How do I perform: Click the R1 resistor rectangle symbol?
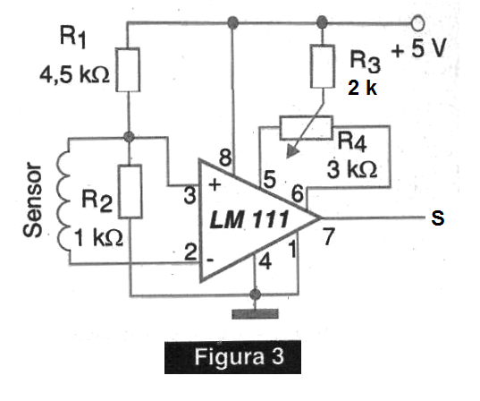pyautogui.click(x=128, y=70)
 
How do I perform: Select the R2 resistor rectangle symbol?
pyautogui.click(x=131, y=192)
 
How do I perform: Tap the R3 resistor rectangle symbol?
pyautogui.click(x=323, y=66)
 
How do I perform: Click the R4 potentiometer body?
pyautogui.click(x=306, y=128)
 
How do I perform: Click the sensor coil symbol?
pyautogui.click(x=63, y=201)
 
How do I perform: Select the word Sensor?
pyautogui.click(x=32, y=200)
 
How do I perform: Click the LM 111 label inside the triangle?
pyautogui.click(x=248, y=219)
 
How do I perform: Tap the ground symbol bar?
pyautogui.click(x=255, y=314)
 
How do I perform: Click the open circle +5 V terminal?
pyautogui.click(x=417, y=23)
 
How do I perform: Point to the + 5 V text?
pyautogui.click(x=418, y=48)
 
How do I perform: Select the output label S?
pyautogui.click(x=437, y=218)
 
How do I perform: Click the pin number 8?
pyautogui.click(x=225, y=158)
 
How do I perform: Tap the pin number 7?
pyautogui.click(x=329, y=236)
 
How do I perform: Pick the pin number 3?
pyautogui.click(x=189, y=196)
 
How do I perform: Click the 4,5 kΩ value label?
pyautogui.click(x=74, y=75)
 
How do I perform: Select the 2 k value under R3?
pyautogui.click(x=362, y=88)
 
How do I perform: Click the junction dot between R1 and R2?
pyautogui.click(x=129, y=136)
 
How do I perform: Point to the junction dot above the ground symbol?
pyautogui.click(x=255, y=294)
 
